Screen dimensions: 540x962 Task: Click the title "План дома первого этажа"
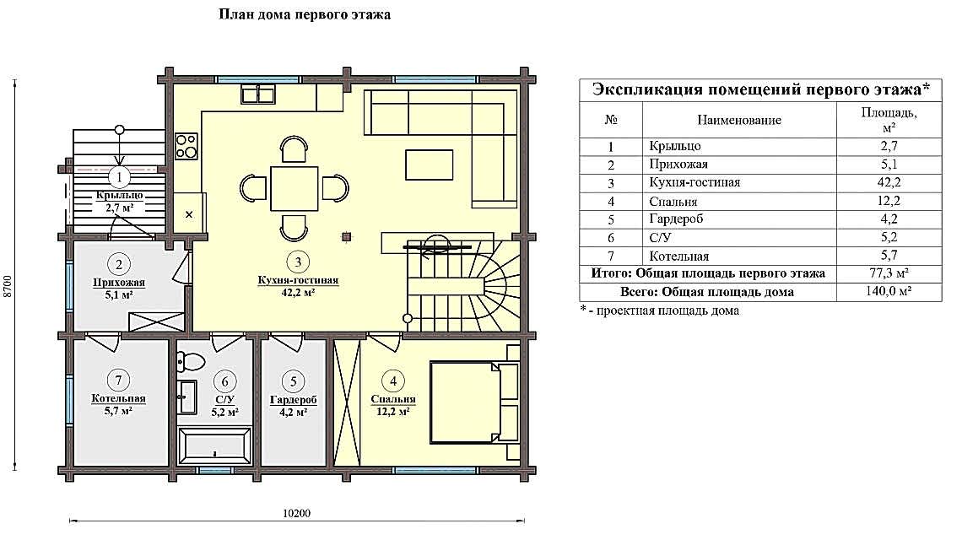pos(305,15)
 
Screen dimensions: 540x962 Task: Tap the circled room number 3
pos(297,261)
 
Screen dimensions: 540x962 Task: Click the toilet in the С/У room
pos(192,362)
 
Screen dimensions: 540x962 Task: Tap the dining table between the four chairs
pos(294,188)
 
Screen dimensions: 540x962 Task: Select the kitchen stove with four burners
pos(186,147)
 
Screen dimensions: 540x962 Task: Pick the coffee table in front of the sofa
pos(429,164)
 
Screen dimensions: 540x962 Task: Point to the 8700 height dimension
pos(8,286)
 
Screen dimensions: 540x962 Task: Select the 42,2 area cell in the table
pos(888,182)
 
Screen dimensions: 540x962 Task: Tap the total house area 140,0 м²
pos(888,292)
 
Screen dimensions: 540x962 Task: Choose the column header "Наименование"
pos(738,120)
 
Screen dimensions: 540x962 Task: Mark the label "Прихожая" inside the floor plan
pos(120,283)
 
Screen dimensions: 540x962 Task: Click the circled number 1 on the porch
pos(120,177)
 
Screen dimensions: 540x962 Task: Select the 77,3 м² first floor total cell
pos(888,273)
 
